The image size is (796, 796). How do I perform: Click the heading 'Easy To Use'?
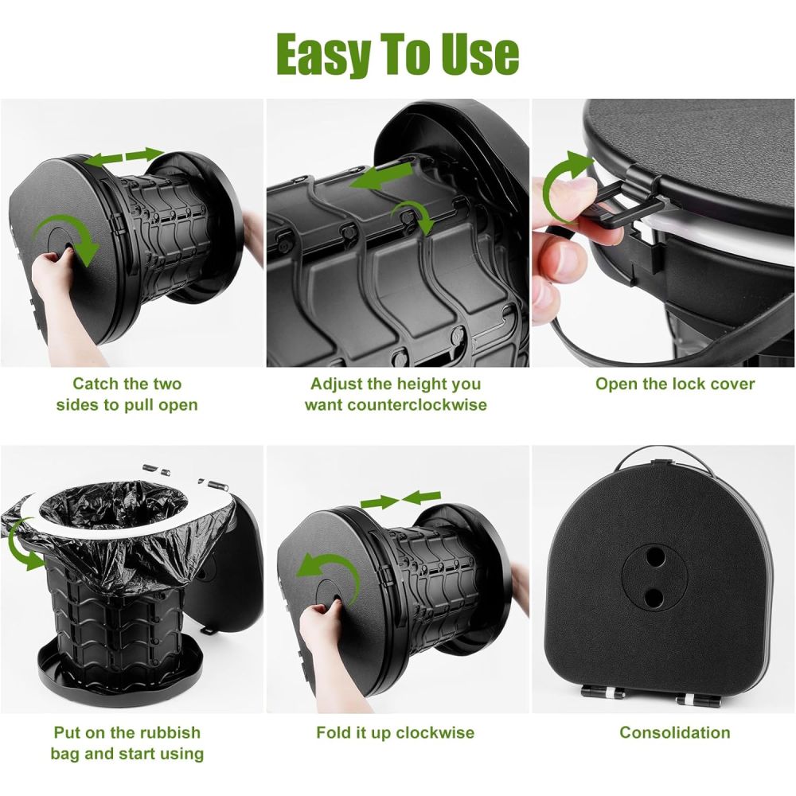point(397,54)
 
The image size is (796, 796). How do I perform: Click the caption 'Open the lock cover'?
point(675,384)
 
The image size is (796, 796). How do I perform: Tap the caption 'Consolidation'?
point(675,732)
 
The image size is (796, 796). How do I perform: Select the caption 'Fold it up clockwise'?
point(395,732)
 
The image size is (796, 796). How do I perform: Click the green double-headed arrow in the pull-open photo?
point(123,157)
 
